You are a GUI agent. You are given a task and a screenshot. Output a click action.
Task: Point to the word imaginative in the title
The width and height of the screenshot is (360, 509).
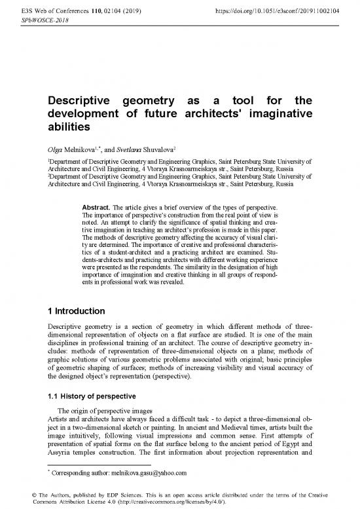coord(276,114)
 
